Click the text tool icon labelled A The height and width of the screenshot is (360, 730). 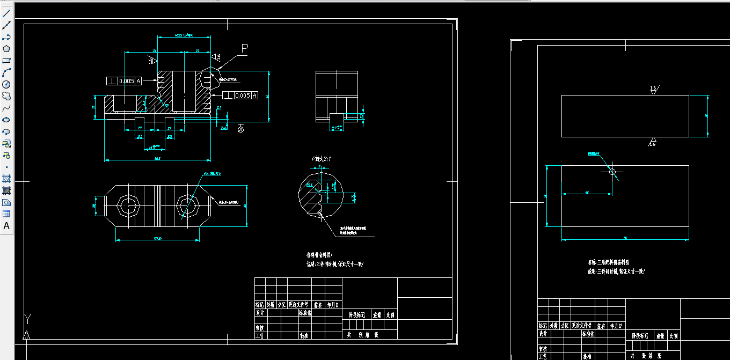[x=6, y=226]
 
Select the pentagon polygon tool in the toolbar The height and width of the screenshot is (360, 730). [x=6, y=49]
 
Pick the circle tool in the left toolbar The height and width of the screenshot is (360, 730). [x=6, y=84]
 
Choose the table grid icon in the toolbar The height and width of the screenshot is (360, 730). [x=6, y=214]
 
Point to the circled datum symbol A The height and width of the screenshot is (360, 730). [x=240, y=130]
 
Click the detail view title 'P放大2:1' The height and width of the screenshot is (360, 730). [x=322, y=159]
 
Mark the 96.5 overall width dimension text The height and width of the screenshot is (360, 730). [x=157, y=158]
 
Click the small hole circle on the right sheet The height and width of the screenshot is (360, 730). [x=612, y=172]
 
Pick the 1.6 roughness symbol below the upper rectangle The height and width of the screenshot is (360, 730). [x=653, y=143]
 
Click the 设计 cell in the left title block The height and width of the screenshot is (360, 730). [x=260, y=312]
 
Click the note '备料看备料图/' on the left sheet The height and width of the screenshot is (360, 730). [x=319, y=255]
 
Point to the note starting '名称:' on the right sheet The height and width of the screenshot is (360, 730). [x=608, y=262]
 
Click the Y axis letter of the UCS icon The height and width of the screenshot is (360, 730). [x=26, y=319]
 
